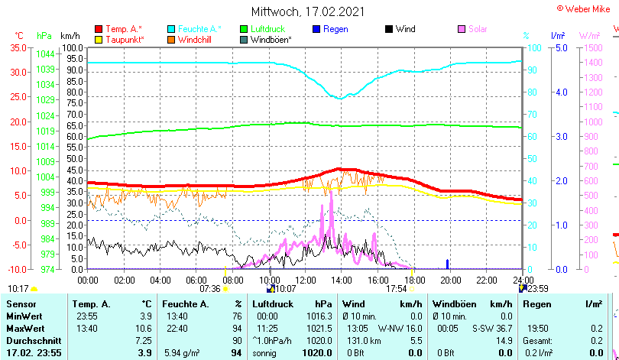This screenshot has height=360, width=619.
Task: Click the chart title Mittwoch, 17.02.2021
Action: (x=308, y=11)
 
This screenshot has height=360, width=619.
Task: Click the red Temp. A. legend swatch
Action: (x=99, y=29)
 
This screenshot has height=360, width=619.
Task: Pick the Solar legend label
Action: (x=478, y=29)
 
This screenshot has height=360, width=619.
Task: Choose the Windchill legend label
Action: (x=196, y=39)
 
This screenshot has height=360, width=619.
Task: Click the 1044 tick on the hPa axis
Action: (x=44, y=54)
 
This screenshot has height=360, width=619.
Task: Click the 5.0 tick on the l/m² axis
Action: (x=560, y=47)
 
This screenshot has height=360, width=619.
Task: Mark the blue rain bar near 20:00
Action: (x=448, y=264)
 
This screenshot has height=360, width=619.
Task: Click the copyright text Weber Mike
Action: (x=589, y=8)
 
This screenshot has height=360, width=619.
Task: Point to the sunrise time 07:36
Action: (x=209, y=289)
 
